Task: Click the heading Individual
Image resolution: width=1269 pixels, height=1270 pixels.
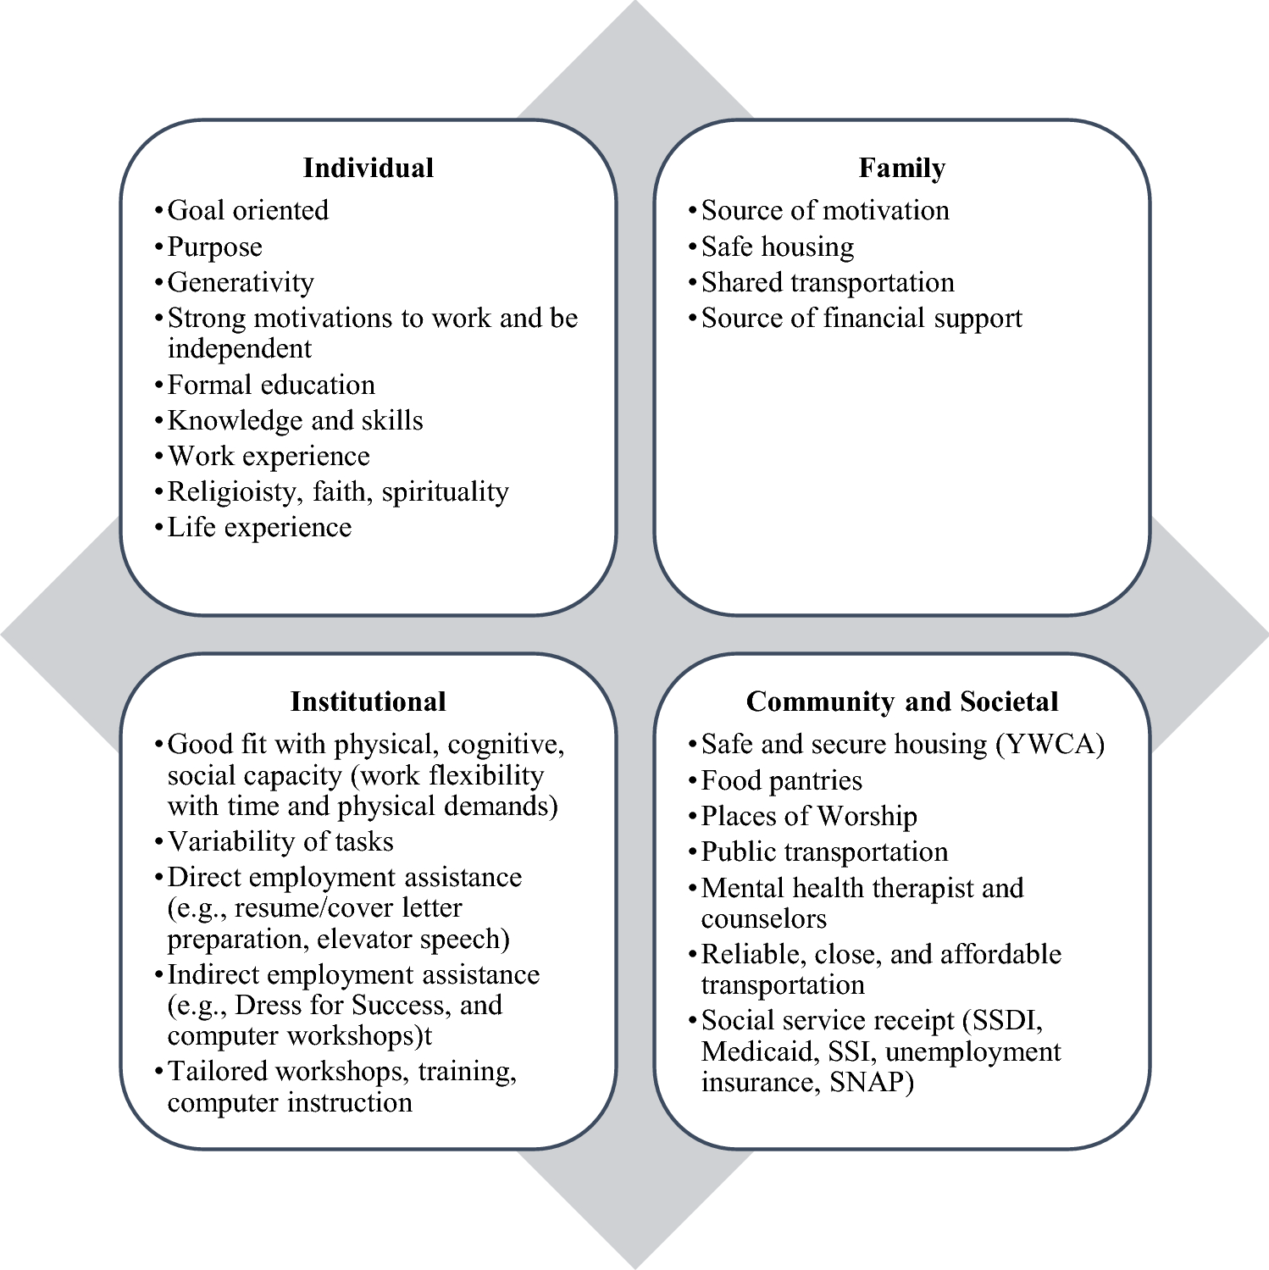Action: [368, 168]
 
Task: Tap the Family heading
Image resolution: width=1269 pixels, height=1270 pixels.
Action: [901, 168]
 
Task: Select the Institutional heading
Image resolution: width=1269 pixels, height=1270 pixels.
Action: [368, 702]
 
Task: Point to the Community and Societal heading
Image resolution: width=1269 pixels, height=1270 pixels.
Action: [901, 702]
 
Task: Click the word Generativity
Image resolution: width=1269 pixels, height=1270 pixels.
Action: [241, 282]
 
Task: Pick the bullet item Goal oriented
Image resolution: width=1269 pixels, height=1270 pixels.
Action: [247, 210]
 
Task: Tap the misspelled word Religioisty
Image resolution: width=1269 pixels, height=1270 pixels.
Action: [231, 492]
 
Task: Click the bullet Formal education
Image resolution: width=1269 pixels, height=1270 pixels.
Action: [271, 385]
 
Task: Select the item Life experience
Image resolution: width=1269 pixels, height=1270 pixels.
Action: [259, 527]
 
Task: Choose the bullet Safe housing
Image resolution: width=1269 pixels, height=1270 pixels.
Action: [778, 247]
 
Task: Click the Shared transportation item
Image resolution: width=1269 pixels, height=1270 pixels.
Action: [828, 282]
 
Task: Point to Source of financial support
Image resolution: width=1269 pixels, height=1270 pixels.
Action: [862, 319]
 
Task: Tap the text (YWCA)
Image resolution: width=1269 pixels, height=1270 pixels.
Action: [1050, 745]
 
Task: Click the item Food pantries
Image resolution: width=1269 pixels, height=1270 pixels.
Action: [781, 780]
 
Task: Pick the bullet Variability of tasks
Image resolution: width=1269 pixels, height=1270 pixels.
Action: [280, 841]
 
